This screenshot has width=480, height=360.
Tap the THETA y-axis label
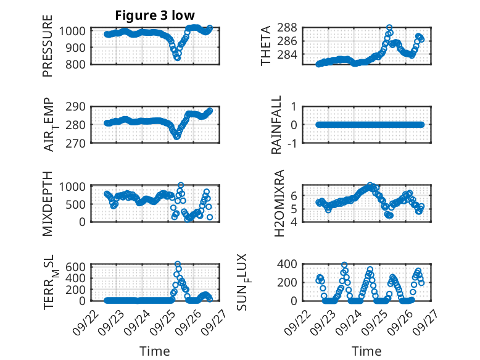point(266,46)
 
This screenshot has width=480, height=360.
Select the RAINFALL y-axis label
point(277,125)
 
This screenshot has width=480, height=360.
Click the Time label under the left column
point(155,351)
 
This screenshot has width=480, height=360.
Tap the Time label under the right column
point(366,351)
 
